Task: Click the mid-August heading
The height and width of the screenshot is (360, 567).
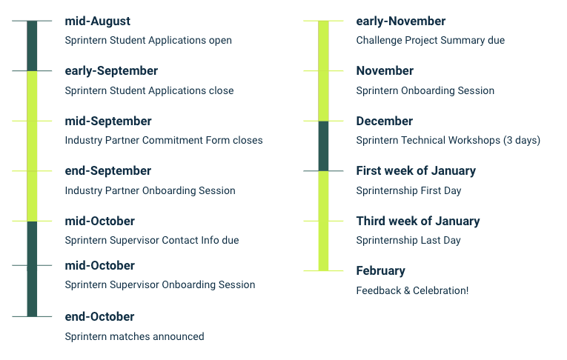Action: tap(98, 21)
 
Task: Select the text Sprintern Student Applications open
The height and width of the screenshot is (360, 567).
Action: tap(148, 41)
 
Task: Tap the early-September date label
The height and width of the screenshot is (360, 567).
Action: tap(111, 71)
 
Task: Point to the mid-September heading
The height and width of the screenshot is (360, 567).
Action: tap(108, 121)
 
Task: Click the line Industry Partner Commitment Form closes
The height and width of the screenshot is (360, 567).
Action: tap(164, 140)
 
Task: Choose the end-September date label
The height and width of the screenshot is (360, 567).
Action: tap(108, 171)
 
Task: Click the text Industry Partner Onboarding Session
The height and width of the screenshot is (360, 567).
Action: tap(150, 190)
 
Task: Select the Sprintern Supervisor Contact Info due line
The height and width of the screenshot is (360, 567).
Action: tap(152, 240)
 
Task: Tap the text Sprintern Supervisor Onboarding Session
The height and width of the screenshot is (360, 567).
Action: tap(160, 285)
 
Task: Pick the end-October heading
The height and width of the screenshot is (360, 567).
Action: tap(99, 317)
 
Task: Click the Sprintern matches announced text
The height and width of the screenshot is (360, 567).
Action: tap(134, 336)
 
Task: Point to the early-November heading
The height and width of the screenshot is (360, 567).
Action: tap(401, 21)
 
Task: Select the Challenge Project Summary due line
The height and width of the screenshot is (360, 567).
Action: tap(431, 41)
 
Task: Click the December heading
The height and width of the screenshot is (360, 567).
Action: tap(385, 121)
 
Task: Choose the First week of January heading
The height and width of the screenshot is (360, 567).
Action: tap(416, 171)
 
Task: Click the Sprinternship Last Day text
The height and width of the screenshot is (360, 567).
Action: tap(408, 240)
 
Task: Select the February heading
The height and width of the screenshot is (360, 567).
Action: tap(381, 271)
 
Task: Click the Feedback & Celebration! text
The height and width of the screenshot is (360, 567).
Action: tap(412, 290)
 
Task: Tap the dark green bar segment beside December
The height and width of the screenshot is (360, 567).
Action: tap(324, 146)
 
